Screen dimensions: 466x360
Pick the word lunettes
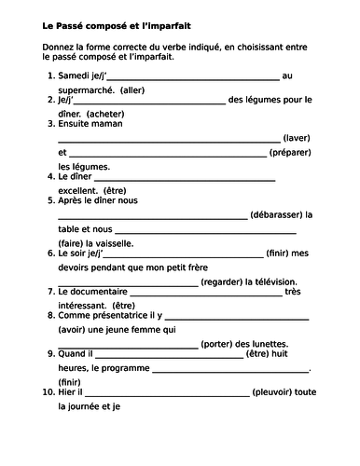point(285,341)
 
